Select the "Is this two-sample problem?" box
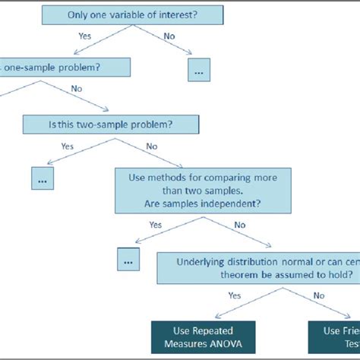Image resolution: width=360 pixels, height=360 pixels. coord(112,124)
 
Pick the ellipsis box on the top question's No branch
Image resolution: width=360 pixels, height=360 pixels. coord(199,70)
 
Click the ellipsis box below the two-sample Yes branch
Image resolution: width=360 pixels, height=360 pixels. coord(43,179)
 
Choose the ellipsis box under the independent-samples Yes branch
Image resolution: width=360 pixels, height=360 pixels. coord(128,259)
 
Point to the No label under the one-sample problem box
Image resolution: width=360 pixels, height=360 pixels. coord(76,88)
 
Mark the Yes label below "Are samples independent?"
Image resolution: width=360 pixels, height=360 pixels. coord(156,225)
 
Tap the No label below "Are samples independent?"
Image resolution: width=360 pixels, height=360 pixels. coord(240,225)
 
